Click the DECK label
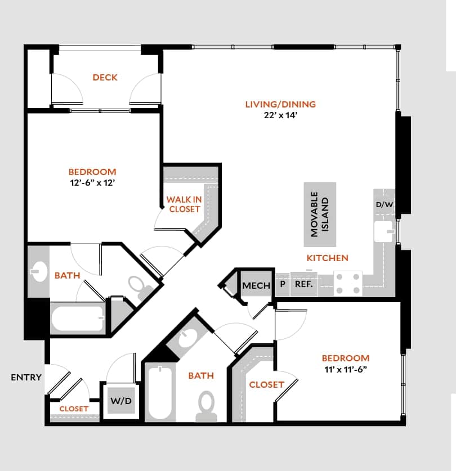(105, 77)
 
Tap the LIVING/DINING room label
(280, 104)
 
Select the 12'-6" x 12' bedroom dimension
(92, 183)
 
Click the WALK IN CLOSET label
(184, 204)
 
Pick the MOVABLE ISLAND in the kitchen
(320, 214)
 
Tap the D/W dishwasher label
(385, 204)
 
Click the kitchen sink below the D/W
(385, 231)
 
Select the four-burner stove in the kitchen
(348, 284)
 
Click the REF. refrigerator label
(303, 285)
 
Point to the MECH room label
(256, 286)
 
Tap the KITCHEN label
(327, 258)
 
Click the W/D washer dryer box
(121, 401)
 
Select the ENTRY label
(26, 377)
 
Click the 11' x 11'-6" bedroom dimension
(346, 369)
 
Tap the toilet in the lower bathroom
(207, 406)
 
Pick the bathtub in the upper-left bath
(78, 320)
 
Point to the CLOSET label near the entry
(74, 409)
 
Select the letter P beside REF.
(281, 285)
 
